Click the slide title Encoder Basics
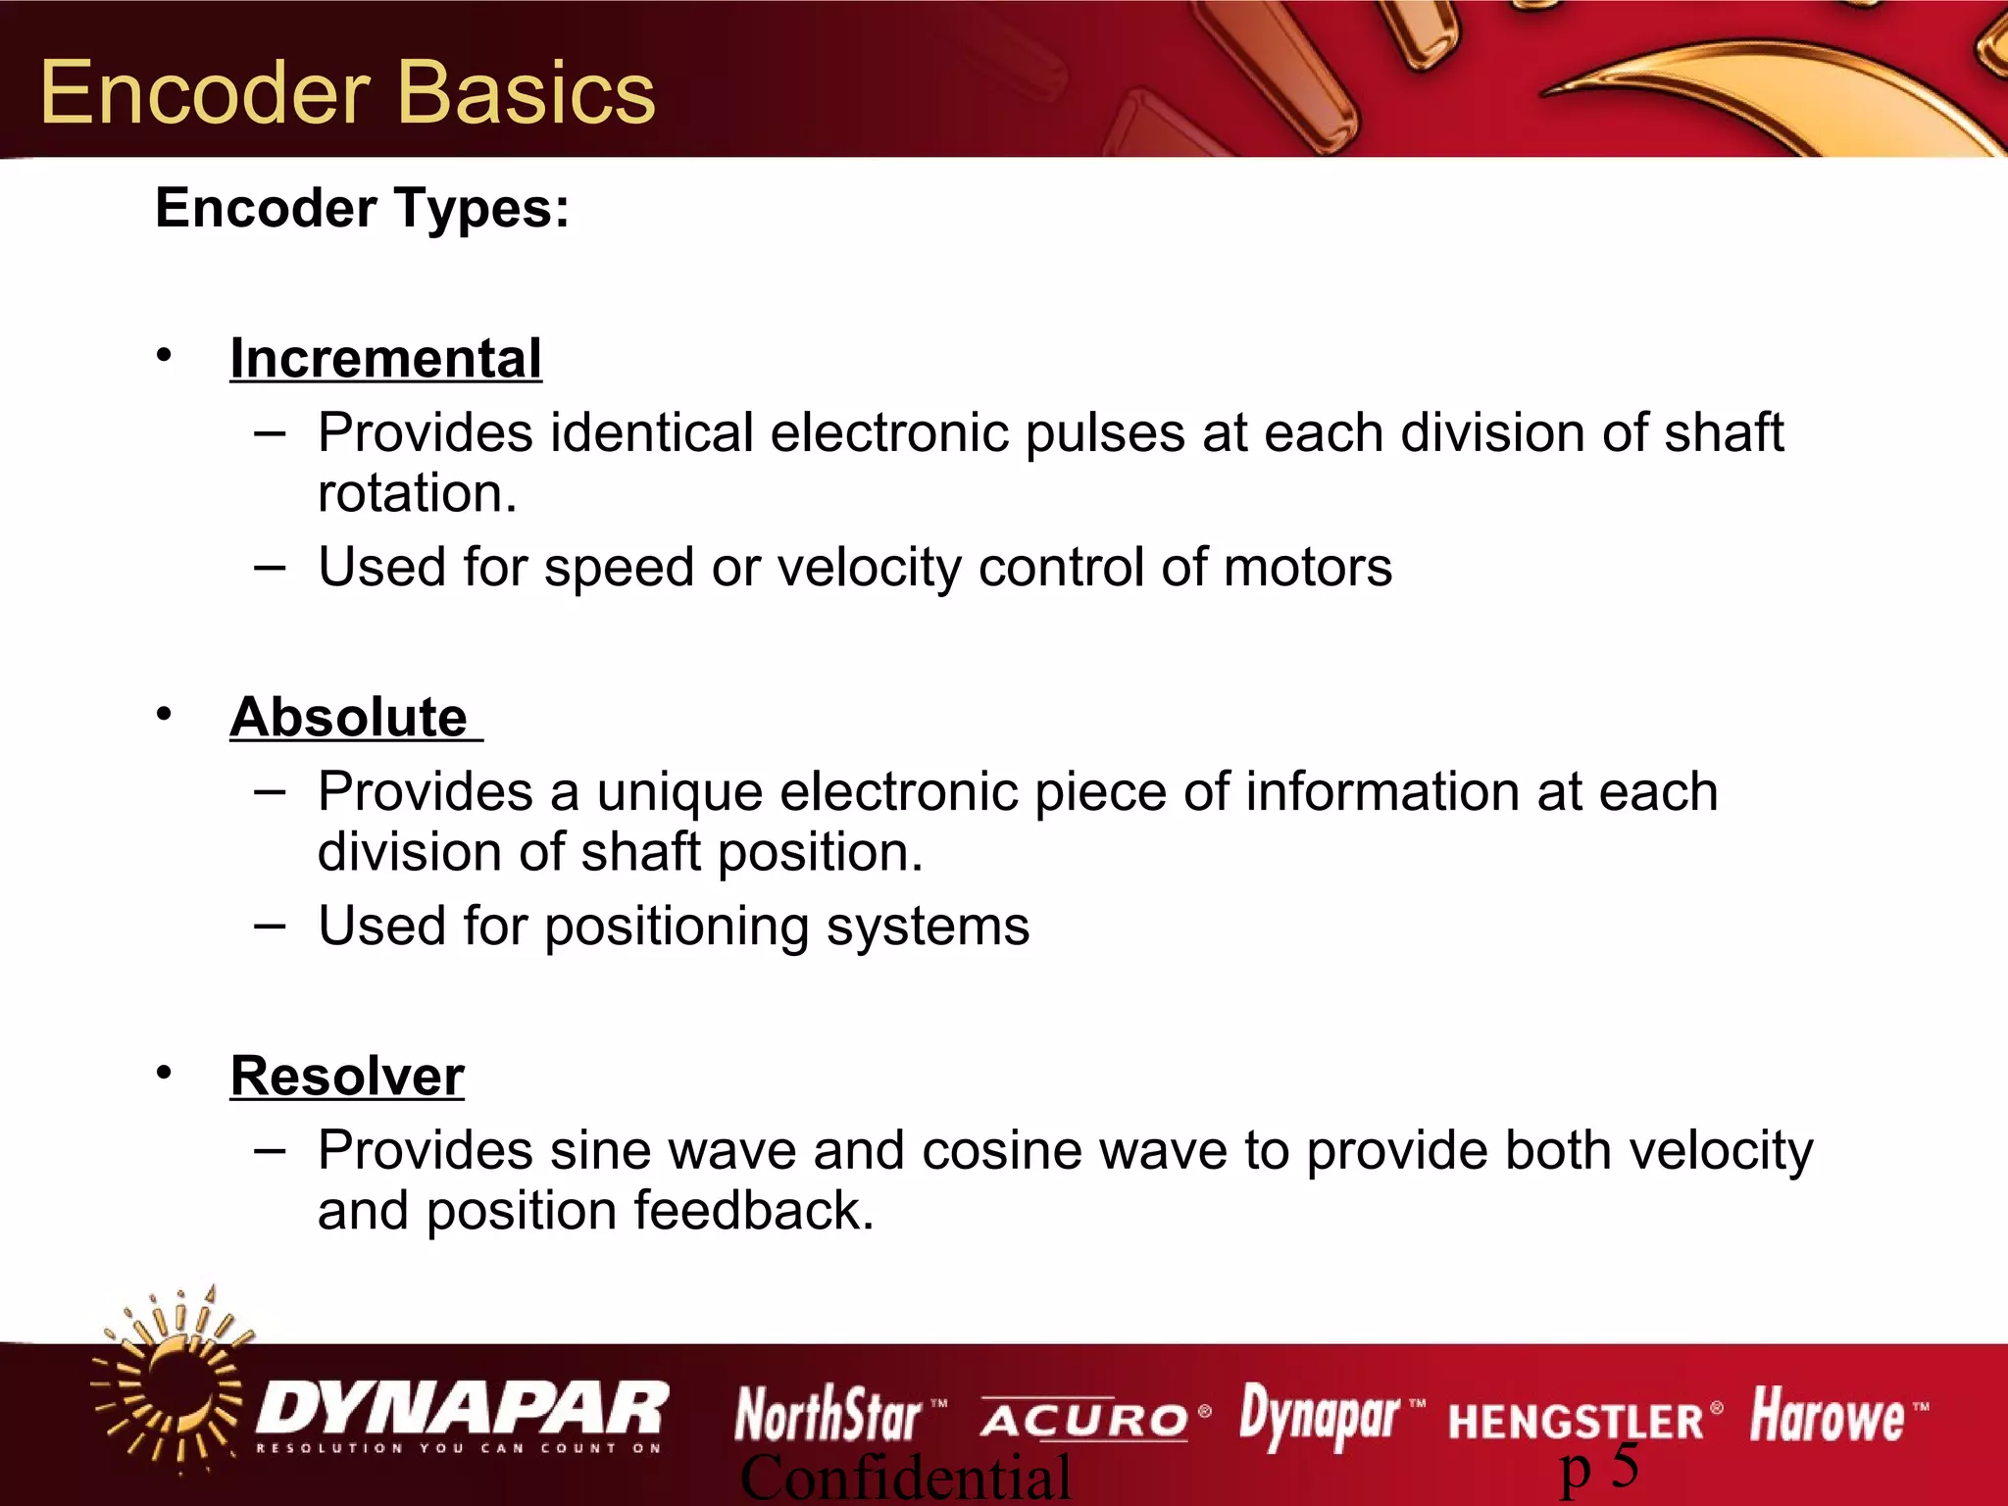(347, 93)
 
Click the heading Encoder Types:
(362, 209)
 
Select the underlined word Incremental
(385, 359)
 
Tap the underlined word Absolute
(349, 718)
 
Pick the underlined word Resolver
(347, 1077)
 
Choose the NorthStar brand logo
(829, 1416)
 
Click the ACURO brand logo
(1084, 1420)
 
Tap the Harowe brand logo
(1827, 1416)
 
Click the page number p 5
(1599, 1469)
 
